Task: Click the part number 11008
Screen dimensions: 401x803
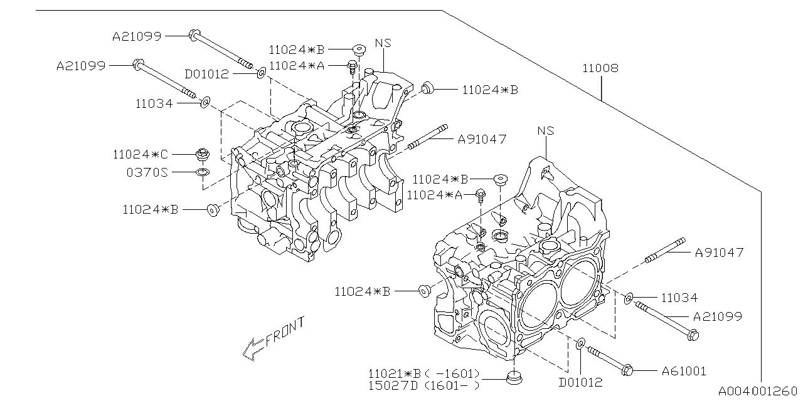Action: click(600, 68)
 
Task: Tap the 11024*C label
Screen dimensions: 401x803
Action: click(141, 154)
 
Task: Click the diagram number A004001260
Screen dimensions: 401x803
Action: click(760, 392)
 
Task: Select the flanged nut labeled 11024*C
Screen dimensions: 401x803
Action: click(202, 154)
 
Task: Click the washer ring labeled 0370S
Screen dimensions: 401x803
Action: click(202, 172)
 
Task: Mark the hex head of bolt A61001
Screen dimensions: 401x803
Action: click(627, 370)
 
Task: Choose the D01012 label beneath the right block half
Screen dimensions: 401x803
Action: click(581, 382)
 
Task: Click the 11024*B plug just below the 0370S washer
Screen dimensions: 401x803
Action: click(213, 210)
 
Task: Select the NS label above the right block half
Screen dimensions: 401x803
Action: click(546, 131)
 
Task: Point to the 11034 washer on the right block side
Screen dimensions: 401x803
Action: click(629, 298)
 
